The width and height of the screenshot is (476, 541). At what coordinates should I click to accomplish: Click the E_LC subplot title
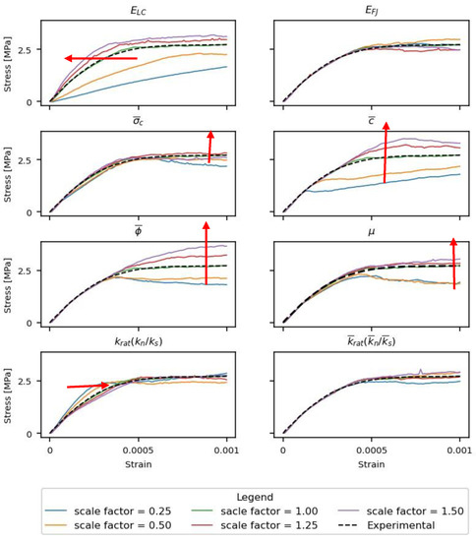(x=138, y=13)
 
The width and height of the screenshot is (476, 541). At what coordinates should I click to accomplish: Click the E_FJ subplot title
(x=371, y=13)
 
